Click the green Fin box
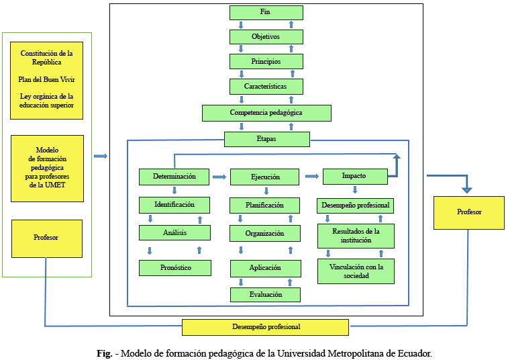(x=265, y=13)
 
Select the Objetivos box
(x=265, y=37)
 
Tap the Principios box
(x=265, y=62)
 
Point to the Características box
(x=265, y=87)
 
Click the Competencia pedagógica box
(x=266, y=113)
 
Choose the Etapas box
(x=266, y=139)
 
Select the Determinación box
(x=174, y=177)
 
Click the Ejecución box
(x=264, y=177)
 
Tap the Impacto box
(x=354, y=177)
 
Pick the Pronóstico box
(x=174, y=267)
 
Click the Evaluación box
(x=264, y=294)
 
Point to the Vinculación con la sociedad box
(x=356, y=271)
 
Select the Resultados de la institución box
(x=356, y=236)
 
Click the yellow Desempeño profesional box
(x=266, y=327)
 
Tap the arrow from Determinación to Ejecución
(x=219, y=177)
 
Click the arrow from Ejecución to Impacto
(x=311, y=177)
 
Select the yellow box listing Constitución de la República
(x=47, y=79)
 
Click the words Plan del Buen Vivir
(x=47, y=79)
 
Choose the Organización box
(x=264, y=234)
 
